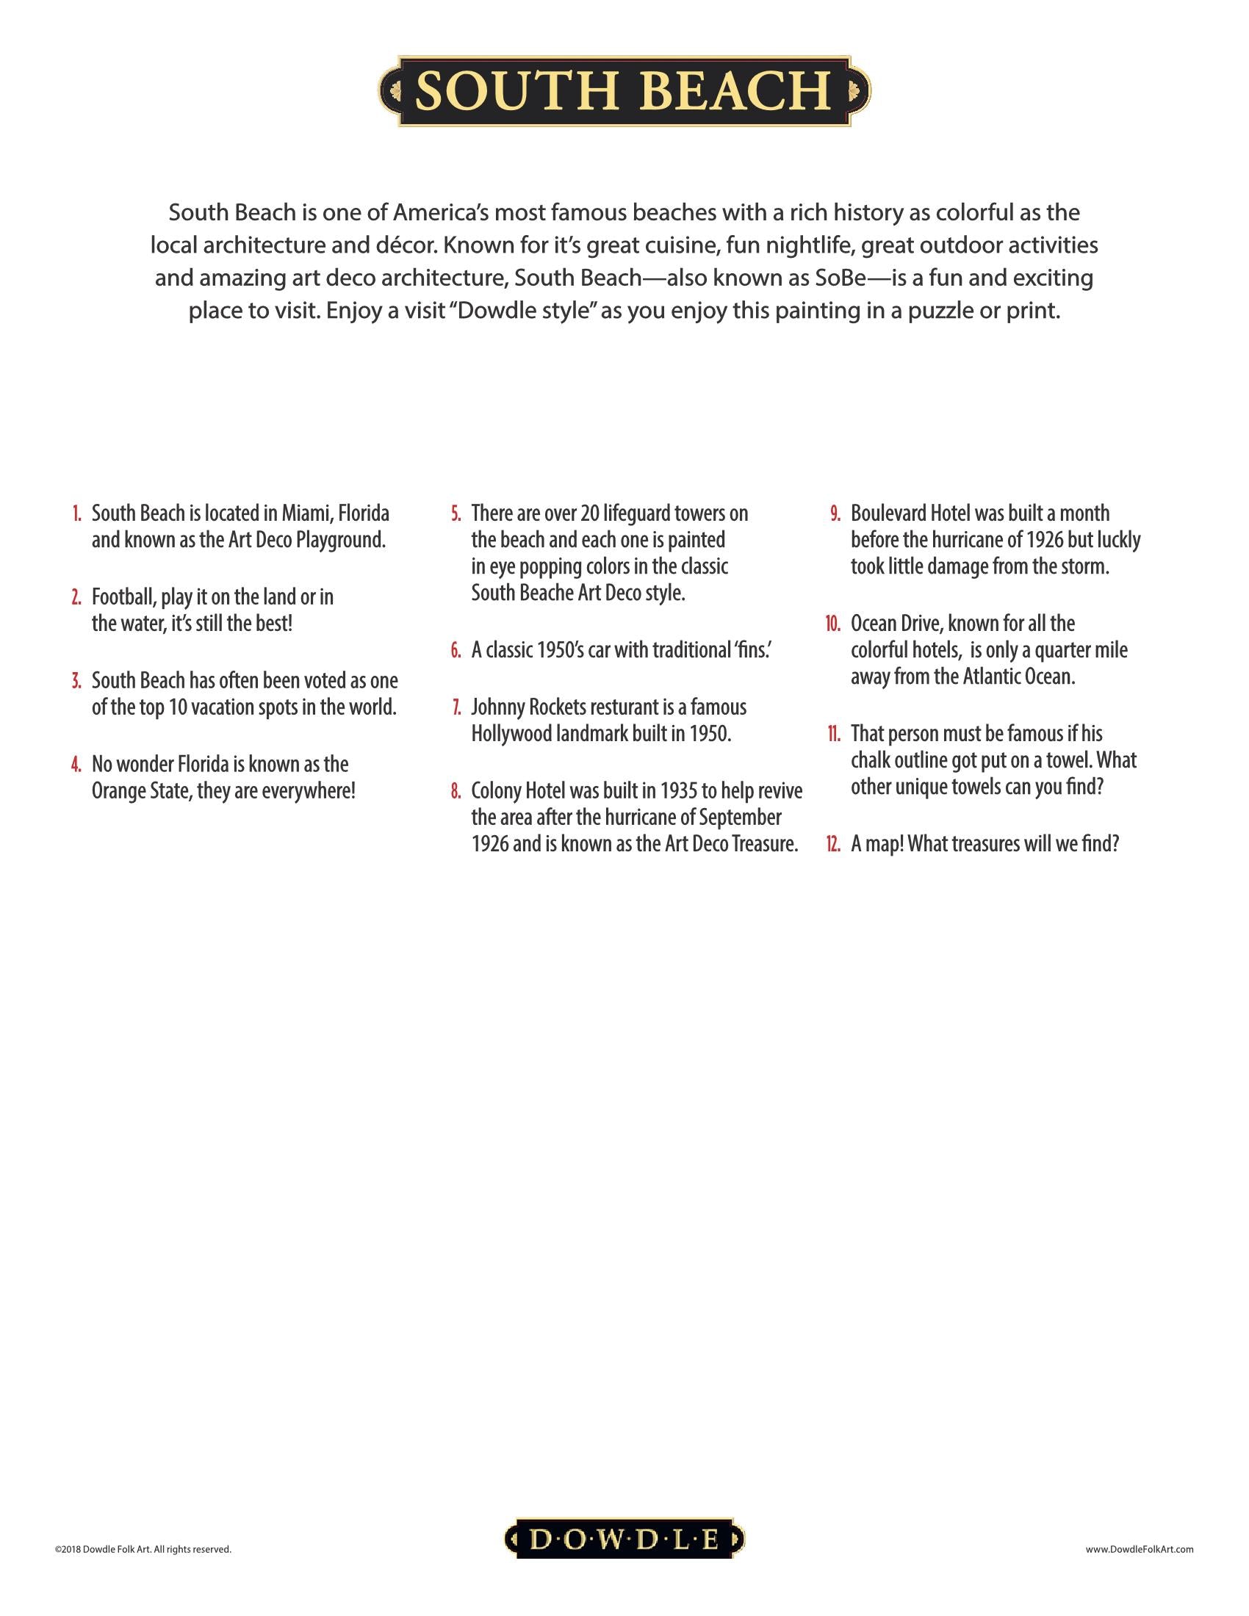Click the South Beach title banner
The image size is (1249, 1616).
[624, 90]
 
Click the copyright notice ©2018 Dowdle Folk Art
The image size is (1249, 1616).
[143, 1548]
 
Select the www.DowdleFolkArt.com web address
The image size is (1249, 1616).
[1140, 1548]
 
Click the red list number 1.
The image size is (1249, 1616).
[76, 513]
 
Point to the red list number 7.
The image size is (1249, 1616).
[456, 707]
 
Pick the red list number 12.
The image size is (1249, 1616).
[833, 844]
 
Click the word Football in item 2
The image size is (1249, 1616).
[122, 596]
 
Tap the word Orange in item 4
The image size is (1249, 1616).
[118, 791]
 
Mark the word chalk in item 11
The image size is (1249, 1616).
[870, 761]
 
